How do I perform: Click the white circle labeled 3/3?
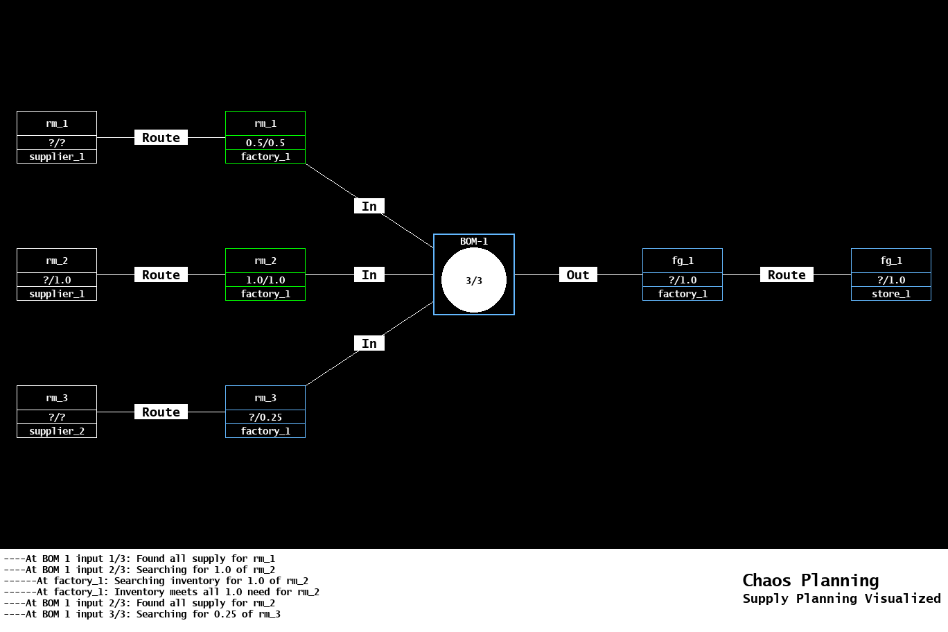474,281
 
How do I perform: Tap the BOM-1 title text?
474,241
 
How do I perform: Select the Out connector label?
578,275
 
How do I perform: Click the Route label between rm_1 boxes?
161,138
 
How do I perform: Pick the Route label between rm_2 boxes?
161,275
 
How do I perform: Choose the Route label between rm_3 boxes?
161,412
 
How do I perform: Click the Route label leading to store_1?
787,275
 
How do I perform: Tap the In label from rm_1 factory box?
369,207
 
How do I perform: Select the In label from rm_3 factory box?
369,344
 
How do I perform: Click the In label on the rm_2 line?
369,275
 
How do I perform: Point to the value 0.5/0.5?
265,143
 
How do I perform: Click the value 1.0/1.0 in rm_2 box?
265,280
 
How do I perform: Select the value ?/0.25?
265,417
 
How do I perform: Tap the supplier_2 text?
57,431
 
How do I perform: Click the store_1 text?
891,294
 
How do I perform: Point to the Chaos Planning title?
810,580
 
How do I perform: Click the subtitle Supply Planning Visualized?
841,599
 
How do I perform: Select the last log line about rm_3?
142,614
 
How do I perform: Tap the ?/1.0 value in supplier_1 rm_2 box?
57,280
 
